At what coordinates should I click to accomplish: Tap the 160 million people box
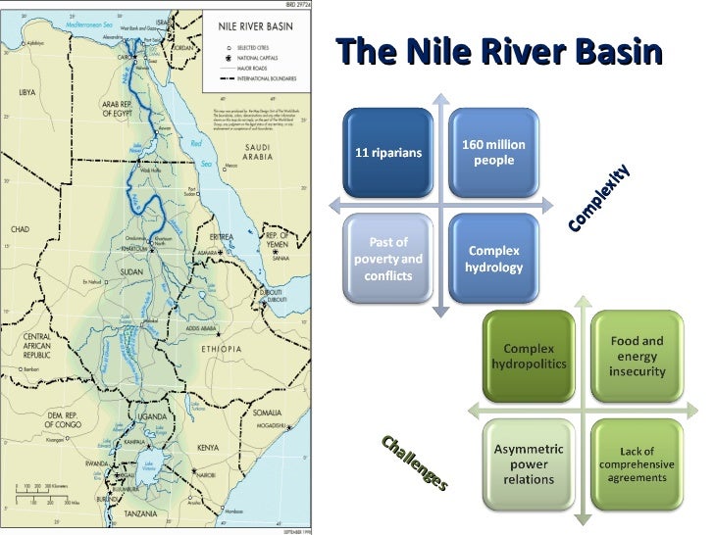493,152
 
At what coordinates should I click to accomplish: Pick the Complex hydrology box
493,259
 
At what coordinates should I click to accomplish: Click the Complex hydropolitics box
529,357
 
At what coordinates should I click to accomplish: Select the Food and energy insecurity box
637,356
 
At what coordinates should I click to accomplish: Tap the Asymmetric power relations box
529,463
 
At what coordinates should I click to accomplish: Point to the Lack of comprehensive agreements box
637,463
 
